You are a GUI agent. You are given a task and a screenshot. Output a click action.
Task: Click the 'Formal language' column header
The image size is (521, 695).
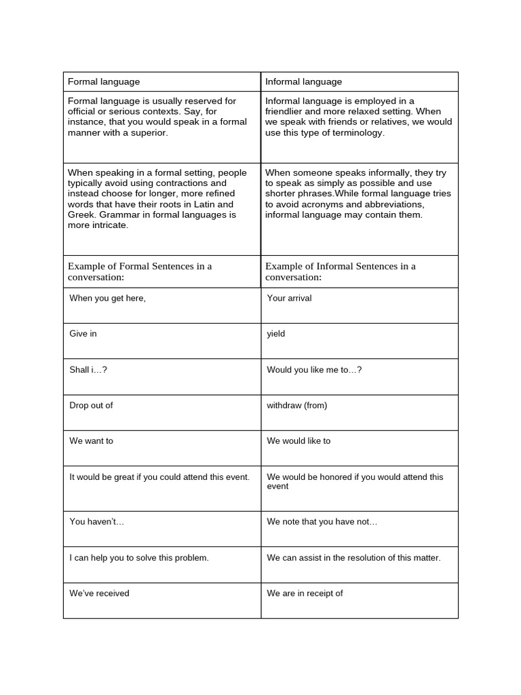pyautogui.click(x=104, y=81)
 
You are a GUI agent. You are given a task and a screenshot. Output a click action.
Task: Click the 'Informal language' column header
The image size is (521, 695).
pyautogui.click(x=303, y=81)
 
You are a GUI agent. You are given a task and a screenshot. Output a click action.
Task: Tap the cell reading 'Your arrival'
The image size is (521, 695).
pyautogui.click(x=289, y=298)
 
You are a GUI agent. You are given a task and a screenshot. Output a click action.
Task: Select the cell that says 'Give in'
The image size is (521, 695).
pyautogui.click(x=83, y=334)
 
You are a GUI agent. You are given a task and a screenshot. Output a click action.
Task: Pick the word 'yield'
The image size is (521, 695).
pyautogui.click(x=276, y=334)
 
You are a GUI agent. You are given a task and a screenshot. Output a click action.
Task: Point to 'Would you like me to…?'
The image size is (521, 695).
pyautogui.click(x=314, y=370)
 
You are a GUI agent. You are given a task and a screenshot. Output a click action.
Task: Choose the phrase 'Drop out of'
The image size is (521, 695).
pyautogui.click(x=91, y=405)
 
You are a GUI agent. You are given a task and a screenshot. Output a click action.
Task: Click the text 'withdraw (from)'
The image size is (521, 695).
pyautogui.click(x=297, y=405)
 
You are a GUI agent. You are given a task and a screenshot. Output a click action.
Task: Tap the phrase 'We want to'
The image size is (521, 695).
pyautogui.click(x=92, y=440)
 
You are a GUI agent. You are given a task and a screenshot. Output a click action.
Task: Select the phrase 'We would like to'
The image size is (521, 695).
pyautogui.click(x=298, y=440)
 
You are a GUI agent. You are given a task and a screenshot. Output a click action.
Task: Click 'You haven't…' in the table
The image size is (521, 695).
pyautogui.click(x=97, y=521)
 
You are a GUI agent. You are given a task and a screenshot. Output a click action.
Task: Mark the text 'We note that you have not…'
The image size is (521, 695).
pyautogui.click(x=322, y=521)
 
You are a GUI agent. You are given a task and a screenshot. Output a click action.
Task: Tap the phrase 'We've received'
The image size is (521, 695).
pyautogui.click(x=99, y=593)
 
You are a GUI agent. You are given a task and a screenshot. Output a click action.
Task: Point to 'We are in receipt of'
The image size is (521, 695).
pyautogui.click(x=305, y=593)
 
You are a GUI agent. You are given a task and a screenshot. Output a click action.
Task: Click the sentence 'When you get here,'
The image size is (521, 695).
pyautogui.click(x=107, y=298)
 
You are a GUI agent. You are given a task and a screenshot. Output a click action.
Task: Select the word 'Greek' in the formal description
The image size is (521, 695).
pyautogui.click(x=81, y=214)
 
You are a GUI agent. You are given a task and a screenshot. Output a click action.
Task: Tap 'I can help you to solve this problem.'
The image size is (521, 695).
pyautogui.click(x=139, y=558)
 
